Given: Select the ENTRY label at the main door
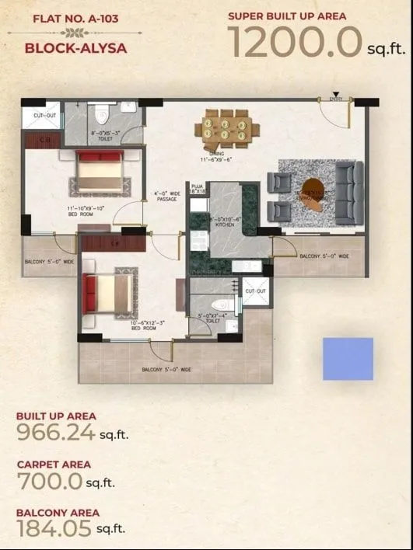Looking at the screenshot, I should click(336, 99).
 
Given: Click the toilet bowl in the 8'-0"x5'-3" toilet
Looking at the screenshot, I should click(99, 117).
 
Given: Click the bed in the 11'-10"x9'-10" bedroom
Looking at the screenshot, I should click(100, 171).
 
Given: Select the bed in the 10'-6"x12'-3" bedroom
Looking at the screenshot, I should click(109, 292).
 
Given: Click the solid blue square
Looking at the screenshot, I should click(348, 358).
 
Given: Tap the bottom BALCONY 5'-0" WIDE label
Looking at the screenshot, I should click(166, 370).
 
